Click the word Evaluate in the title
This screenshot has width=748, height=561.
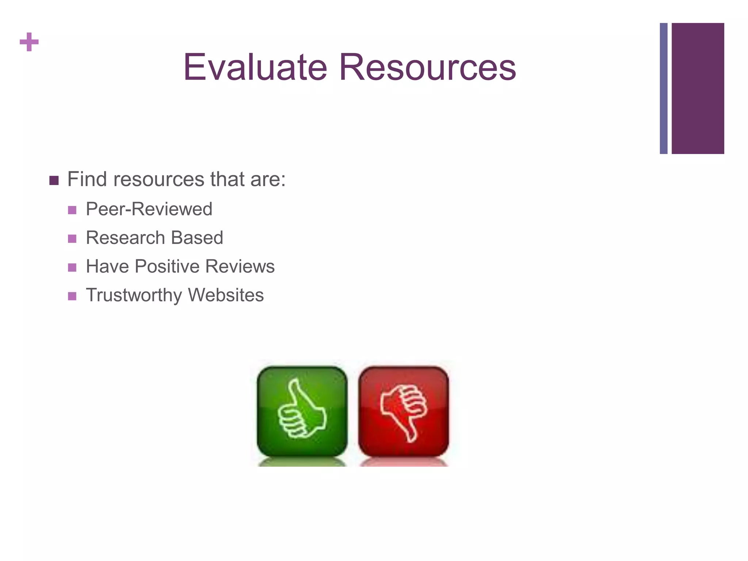pyautogui.click(x=255, y=67)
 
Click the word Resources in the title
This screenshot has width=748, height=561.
pyautogui.click(x=427, y=67)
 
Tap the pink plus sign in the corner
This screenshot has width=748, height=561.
pyautogui.click(x=29, y=42)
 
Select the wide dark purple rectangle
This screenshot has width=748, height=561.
pyautogui.click(x=698, y=88)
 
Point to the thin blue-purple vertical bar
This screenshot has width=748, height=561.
pyautogui.click(x=664, y=88)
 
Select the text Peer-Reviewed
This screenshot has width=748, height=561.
pyautogui.click(x=149, y=209)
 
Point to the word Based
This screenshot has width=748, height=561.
pyautogui.click(x=197, y=238)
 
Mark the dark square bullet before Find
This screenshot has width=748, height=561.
pyautogui.click(x=54, y=181)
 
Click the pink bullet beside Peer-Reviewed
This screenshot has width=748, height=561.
pyautogui.click(x=72, y=210)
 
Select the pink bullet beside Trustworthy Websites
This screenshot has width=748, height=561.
pyautogui.click(x=72, y=296)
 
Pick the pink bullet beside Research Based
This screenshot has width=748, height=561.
pyautogui.click(x=72, y=239)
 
